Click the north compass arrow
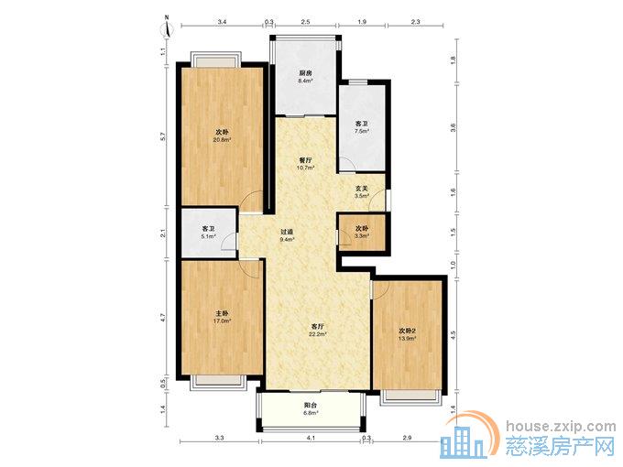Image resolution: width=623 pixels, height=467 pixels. click(x=168, y=27)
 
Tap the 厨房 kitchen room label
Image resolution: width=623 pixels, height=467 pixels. click(x=305, y=73)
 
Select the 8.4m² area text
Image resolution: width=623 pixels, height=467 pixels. click(x=305, y=81)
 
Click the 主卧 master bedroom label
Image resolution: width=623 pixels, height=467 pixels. click(x=223, y=313)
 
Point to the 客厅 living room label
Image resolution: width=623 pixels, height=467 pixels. click(x=318, y=326)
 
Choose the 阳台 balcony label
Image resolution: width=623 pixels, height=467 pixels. click(x=311, y=405)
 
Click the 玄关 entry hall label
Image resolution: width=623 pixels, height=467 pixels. click(x=361, y=189)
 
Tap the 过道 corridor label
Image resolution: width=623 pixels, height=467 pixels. click(x=287, y=232)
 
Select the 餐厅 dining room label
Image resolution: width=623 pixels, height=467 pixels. click(x=305, y=160)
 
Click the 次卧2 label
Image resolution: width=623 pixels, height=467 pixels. click(x=408, y=331)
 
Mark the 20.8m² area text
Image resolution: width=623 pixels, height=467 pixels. click(x=223, y=139)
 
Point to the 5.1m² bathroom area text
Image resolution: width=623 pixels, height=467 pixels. click(x=209, y=236)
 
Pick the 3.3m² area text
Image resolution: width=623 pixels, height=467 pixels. click(x=362, y=236)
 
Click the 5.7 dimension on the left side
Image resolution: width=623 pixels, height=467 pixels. click(x=162, y=136)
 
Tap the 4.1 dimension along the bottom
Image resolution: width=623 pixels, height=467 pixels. click(x=311, y=438)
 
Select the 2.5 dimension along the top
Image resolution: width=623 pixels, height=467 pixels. click(x=305, y=22)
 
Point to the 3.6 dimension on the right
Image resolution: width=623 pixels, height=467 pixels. click(x=453, y=127)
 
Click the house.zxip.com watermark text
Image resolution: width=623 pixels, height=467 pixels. click(x=561, y=426)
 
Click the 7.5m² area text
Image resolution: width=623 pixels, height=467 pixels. click(x=362, y=131)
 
